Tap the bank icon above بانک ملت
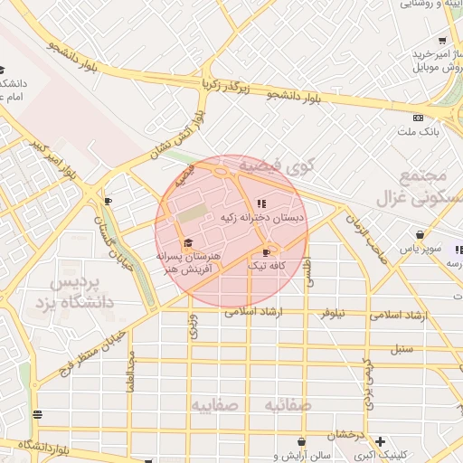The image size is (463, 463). point(418,118)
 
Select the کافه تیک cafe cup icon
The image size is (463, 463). point(265,252)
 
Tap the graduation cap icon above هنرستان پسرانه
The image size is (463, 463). point(188,242)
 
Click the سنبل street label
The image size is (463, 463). point(402,347)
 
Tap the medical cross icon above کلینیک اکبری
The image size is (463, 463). point(381,440)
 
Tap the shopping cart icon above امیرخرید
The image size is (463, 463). point(441,40)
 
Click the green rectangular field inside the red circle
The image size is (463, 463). point(192,216)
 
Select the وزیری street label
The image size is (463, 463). point(193,326)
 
